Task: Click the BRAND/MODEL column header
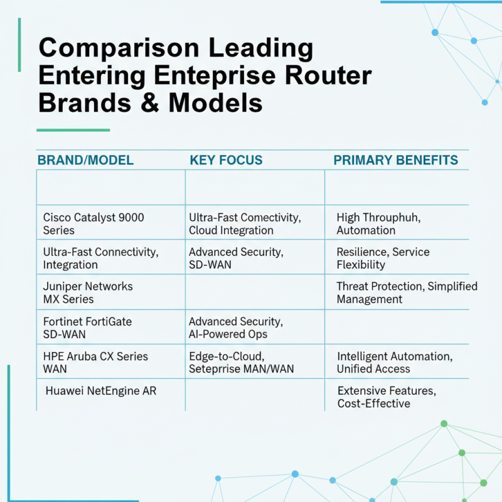coord(85,160)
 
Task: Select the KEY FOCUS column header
coord(226,160)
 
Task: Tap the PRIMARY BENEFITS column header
coord(395,160)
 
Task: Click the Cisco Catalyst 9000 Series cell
coord(93,223)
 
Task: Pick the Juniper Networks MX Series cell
coord(88,292)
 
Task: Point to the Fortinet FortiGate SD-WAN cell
coord(87,328)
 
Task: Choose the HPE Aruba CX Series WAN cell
coord(95,363)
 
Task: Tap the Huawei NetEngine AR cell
coord(101,391)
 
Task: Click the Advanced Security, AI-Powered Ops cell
coord(236,328)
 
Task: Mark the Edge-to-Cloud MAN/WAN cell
coord(241,363)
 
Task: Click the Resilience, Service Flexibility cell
coord(383,258)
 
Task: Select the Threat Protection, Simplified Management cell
coord(407,292)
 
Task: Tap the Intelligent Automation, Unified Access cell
coord(394,363)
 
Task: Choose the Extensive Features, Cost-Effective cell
coord(387,397)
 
